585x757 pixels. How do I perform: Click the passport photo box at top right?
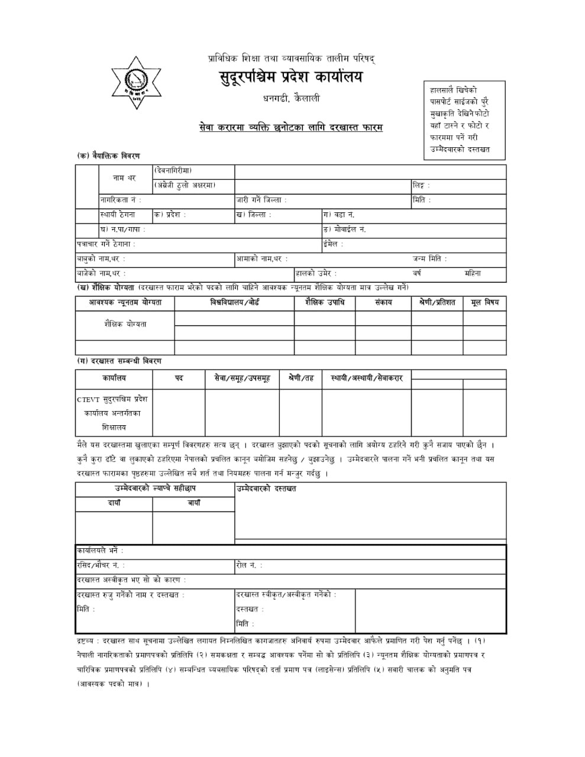pyautogui.click(x=464, y=121)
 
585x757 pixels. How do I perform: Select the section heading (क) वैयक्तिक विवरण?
pyautogui.click(x=109, y=156)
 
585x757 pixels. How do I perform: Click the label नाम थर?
pyautogui.click(x=125, y=178)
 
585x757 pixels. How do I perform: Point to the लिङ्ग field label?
pyautogui.click(x=421, y=186)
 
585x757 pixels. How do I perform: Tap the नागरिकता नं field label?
pyautogui.click(x=121, y=200)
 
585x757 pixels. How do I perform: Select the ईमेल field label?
pyautogui.click(x=333, y=244)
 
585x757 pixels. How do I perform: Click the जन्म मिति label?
pyautogui.click(x=429, y=259)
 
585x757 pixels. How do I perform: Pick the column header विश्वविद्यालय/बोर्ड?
pyautogui.click(x=234, y=302)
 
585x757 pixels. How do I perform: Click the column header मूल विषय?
pyautogui.click(x=484, y=302)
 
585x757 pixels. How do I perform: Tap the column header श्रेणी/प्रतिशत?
pyautogui.click(x=437, y=302)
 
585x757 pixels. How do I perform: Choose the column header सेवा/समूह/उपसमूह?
pyautogui.click(x=242, y=378)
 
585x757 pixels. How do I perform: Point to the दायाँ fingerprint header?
pyautogui.click(x=114, y=503)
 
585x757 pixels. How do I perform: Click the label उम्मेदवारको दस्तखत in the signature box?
pyautogui.click(x=266, y=489)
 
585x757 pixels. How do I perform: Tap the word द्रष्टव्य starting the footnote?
pyautogui.click(x=88, y=640)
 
